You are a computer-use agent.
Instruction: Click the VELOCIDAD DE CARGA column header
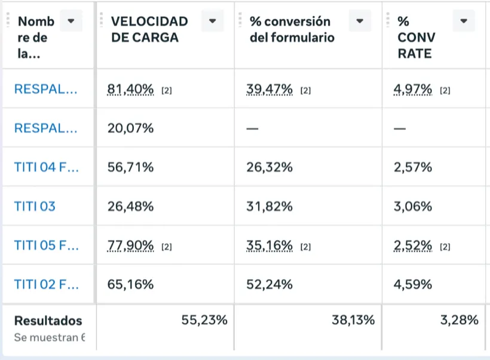click(149, 29)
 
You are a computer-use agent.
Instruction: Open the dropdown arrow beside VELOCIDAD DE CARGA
click(213, 21)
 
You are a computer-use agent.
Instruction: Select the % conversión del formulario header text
click(292, 29)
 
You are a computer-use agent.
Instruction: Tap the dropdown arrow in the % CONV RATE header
click(464, 21)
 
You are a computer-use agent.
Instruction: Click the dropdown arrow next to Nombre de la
click(71, 21)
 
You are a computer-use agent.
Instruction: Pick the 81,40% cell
click(130, 89)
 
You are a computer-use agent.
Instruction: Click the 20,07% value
click(130, 128)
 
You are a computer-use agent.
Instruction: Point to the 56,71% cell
click(130, 167)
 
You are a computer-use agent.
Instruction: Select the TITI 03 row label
click(35, 207)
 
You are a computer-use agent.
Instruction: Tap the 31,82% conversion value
click(269, 207)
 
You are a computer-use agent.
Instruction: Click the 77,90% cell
click(130, 245)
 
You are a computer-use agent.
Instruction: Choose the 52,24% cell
click(269, 284)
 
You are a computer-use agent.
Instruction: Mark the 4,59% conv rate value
click(413, 284)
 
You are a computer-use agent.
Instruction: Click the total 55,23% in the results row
click(204, 320)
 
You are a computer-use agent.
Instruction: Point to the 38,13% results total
click(353, 320)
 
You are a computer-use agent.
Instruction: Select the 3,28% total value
click(460, 320)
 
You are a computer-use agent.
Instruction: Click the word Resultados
click(48, 321)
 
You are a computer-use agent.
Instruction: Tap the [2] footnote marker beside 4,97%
click(445, 91)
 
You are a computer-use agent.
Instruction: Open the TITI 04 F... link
click(46, 167)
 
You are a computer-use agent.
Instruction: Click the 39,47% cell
click(269, 89)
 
